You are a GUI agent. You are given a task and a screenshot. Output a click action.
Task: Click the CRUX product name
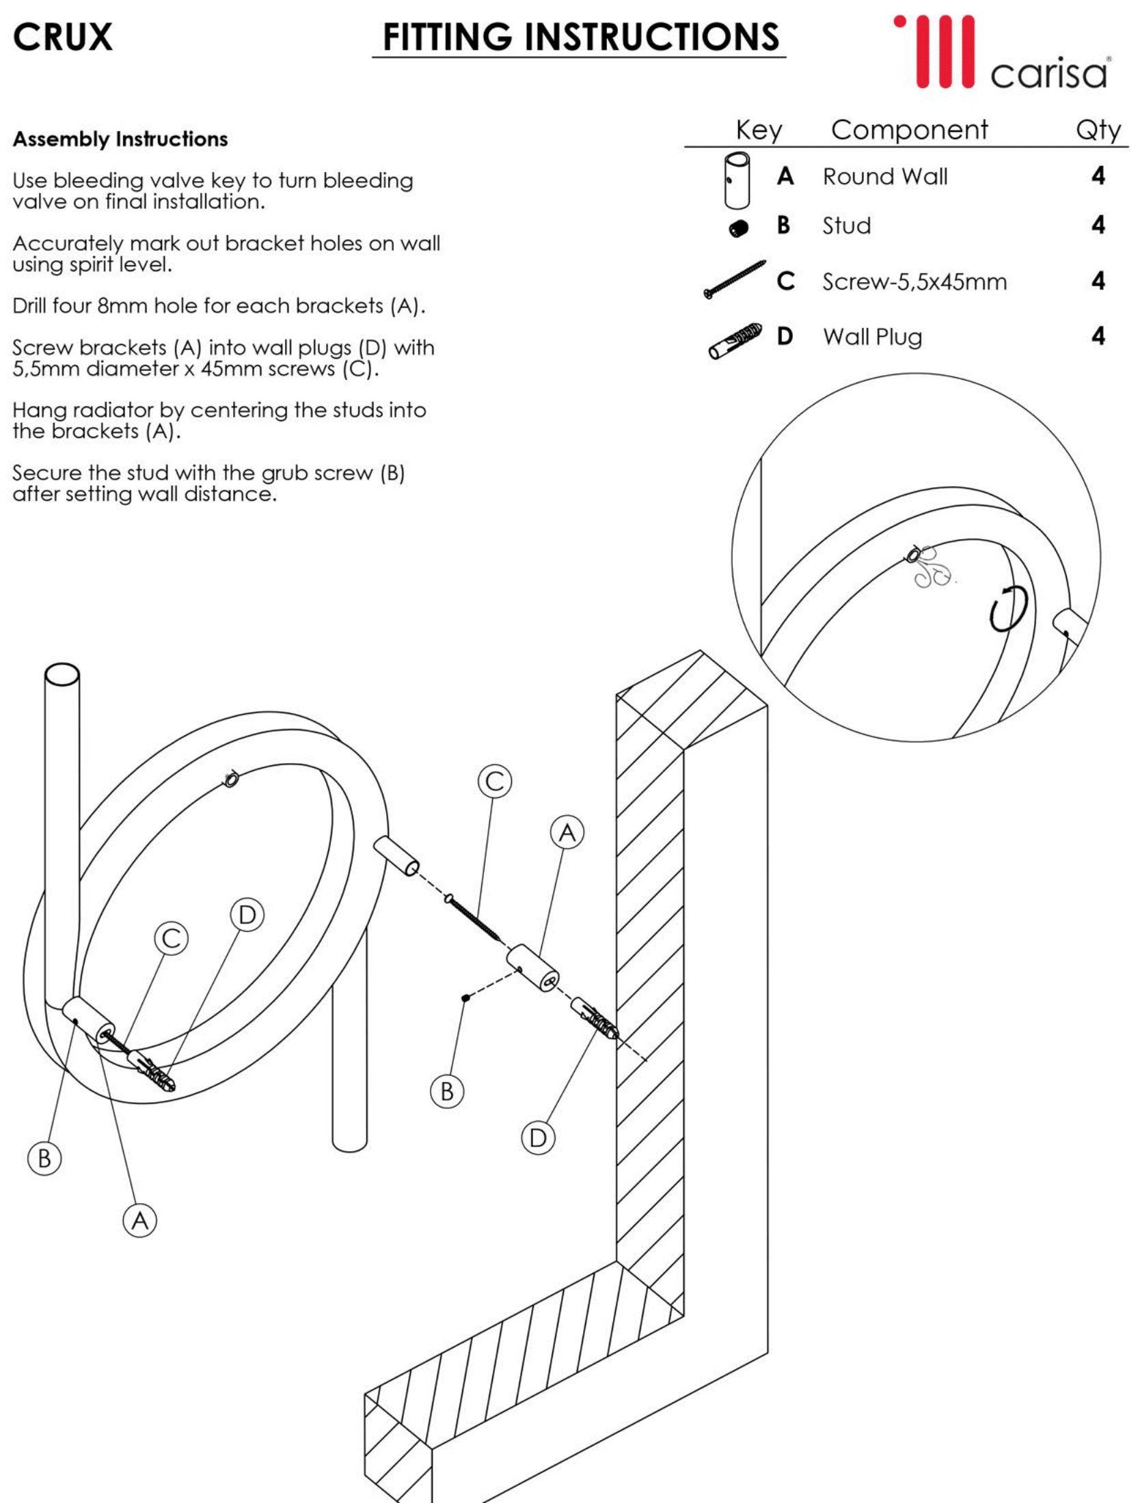62,37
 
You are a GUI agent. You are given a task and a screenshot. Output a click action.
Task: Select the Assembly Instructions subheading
120,139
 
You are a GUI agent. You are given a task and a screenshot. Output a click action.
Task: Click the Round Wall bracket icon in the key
736,180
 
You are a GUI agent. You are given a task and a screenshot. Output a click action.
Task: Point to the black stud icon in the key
738,228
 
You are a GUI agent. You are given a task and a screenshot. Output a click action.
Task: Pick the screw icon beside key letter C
735,279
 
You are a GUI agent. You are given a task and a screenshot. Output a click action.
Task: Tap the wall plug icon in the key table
735,340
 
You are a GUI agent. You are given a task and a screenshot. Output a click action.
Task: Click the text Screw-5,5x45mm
914,281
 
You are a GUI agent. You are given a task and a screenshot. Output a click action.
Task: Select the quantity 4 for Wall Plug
1098,336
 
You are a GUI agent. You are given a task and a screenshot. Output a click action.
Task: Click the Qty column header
1098,130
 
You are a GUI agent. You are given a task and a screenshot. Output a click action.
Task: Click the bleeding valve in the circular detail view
914,554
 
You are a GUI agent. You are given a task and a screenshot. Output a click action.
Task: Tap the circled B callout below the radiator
44,1159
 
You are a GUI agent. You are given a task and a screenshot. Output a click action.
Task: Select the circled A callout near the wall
567,833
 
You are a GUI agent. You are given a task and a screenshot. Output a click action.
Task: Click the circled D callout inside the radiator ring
247,915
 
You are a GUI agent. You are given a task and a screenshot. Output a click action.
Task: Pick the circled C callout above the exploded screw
495,781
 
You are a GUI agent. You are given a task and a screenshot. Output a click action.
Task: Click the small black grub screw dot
465,998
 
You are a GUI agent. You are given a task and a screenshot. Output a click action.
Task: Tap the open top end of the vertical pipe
62,674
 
